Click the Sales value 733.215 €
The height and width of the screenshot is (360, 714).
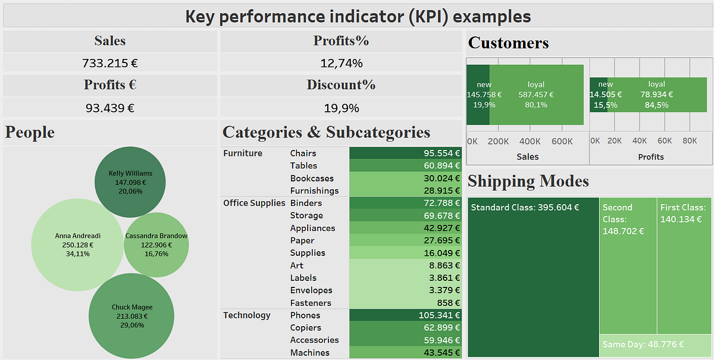[110, 62]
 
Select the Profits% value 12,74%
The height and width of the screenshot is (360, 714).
[341, 62]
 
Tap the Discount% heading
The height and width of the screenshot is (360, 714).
[341, 84]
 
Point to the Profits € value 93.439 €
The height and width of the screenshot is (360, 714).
[110, 108]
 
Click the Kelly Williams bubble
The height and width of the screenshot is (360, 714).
[130, 182]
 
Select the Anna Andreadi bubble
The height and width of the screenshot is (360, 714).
[69, 245]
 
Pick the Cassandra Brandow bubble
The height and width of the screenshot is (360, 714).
[156, 245]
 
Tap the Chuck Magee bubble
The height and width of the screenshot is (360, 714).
[131, 316]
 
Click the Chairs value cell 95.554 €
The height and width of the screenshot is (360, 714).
[405, 153]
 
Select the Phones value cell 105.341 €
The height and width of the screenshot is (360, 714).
[405, 315]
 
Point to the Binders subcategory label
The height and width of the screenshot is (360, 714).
[306, 203]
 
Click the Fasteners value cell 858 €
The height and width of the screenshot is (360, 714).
[405, 303]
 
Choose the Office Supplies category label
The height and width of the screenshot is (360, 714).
[254, 203]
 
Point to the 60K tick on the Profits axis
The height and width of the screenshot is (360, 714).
[665, 141]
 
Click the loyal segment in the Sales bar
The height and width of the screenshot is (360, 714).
[536, 95]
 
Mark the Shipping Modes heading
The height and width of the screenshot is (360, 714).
[528, 181]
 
